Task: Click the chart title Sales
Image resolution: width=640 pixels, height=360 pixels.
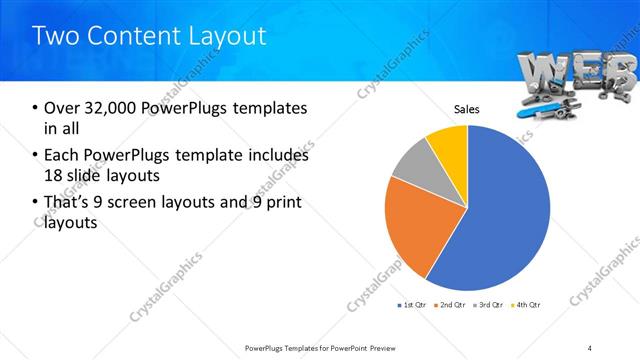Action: tap(467, 109)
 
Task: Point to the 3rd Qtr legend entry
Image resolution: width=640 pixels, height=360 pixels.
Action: tap(489, 304)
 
